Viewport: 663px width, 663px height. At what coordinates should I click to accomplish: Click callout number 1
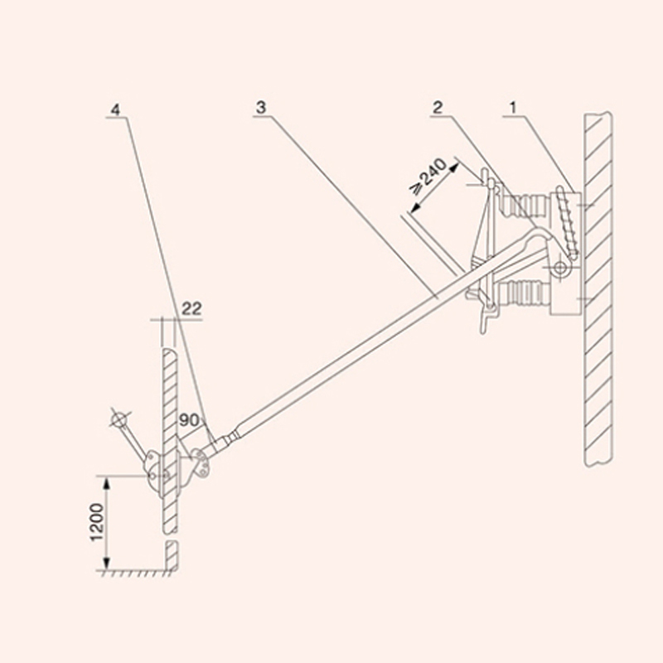click(513, 109)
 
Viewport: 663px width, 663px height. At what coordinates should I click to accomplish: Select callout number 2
click(438, 108)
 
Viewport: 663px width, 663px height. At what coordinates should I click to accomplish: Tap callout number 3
click(261, 108)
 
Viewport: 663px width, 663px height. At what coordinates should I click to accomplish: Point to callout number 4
click(115, 110)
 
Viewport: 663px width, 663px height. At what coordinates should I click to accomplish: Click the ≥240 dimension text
click(428, 177)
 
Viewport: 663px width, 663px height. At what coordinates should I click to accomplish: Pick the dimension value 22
click(191, 308)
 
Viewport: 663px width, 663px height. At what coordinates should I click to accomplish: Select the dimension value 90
click(189, 420)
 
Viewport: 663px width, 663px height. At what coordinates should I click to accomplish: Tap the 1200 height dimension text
click(97, 522)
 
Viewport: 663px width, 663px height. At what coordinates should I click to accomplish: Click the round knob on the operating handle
click(119, 419)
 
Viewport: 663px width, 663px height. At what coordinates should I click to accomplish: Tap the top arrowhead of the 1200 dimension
click(107, 482)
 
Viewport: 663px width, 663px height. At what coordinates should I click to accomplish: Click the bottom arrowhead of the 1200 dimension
click(107, 564)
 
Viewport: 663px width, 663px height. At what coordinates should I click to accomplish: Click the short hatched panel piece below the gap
click(172, 555)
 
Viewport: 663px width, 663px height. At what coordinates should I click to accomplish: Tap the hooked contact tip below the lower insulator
click(486, 318)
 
